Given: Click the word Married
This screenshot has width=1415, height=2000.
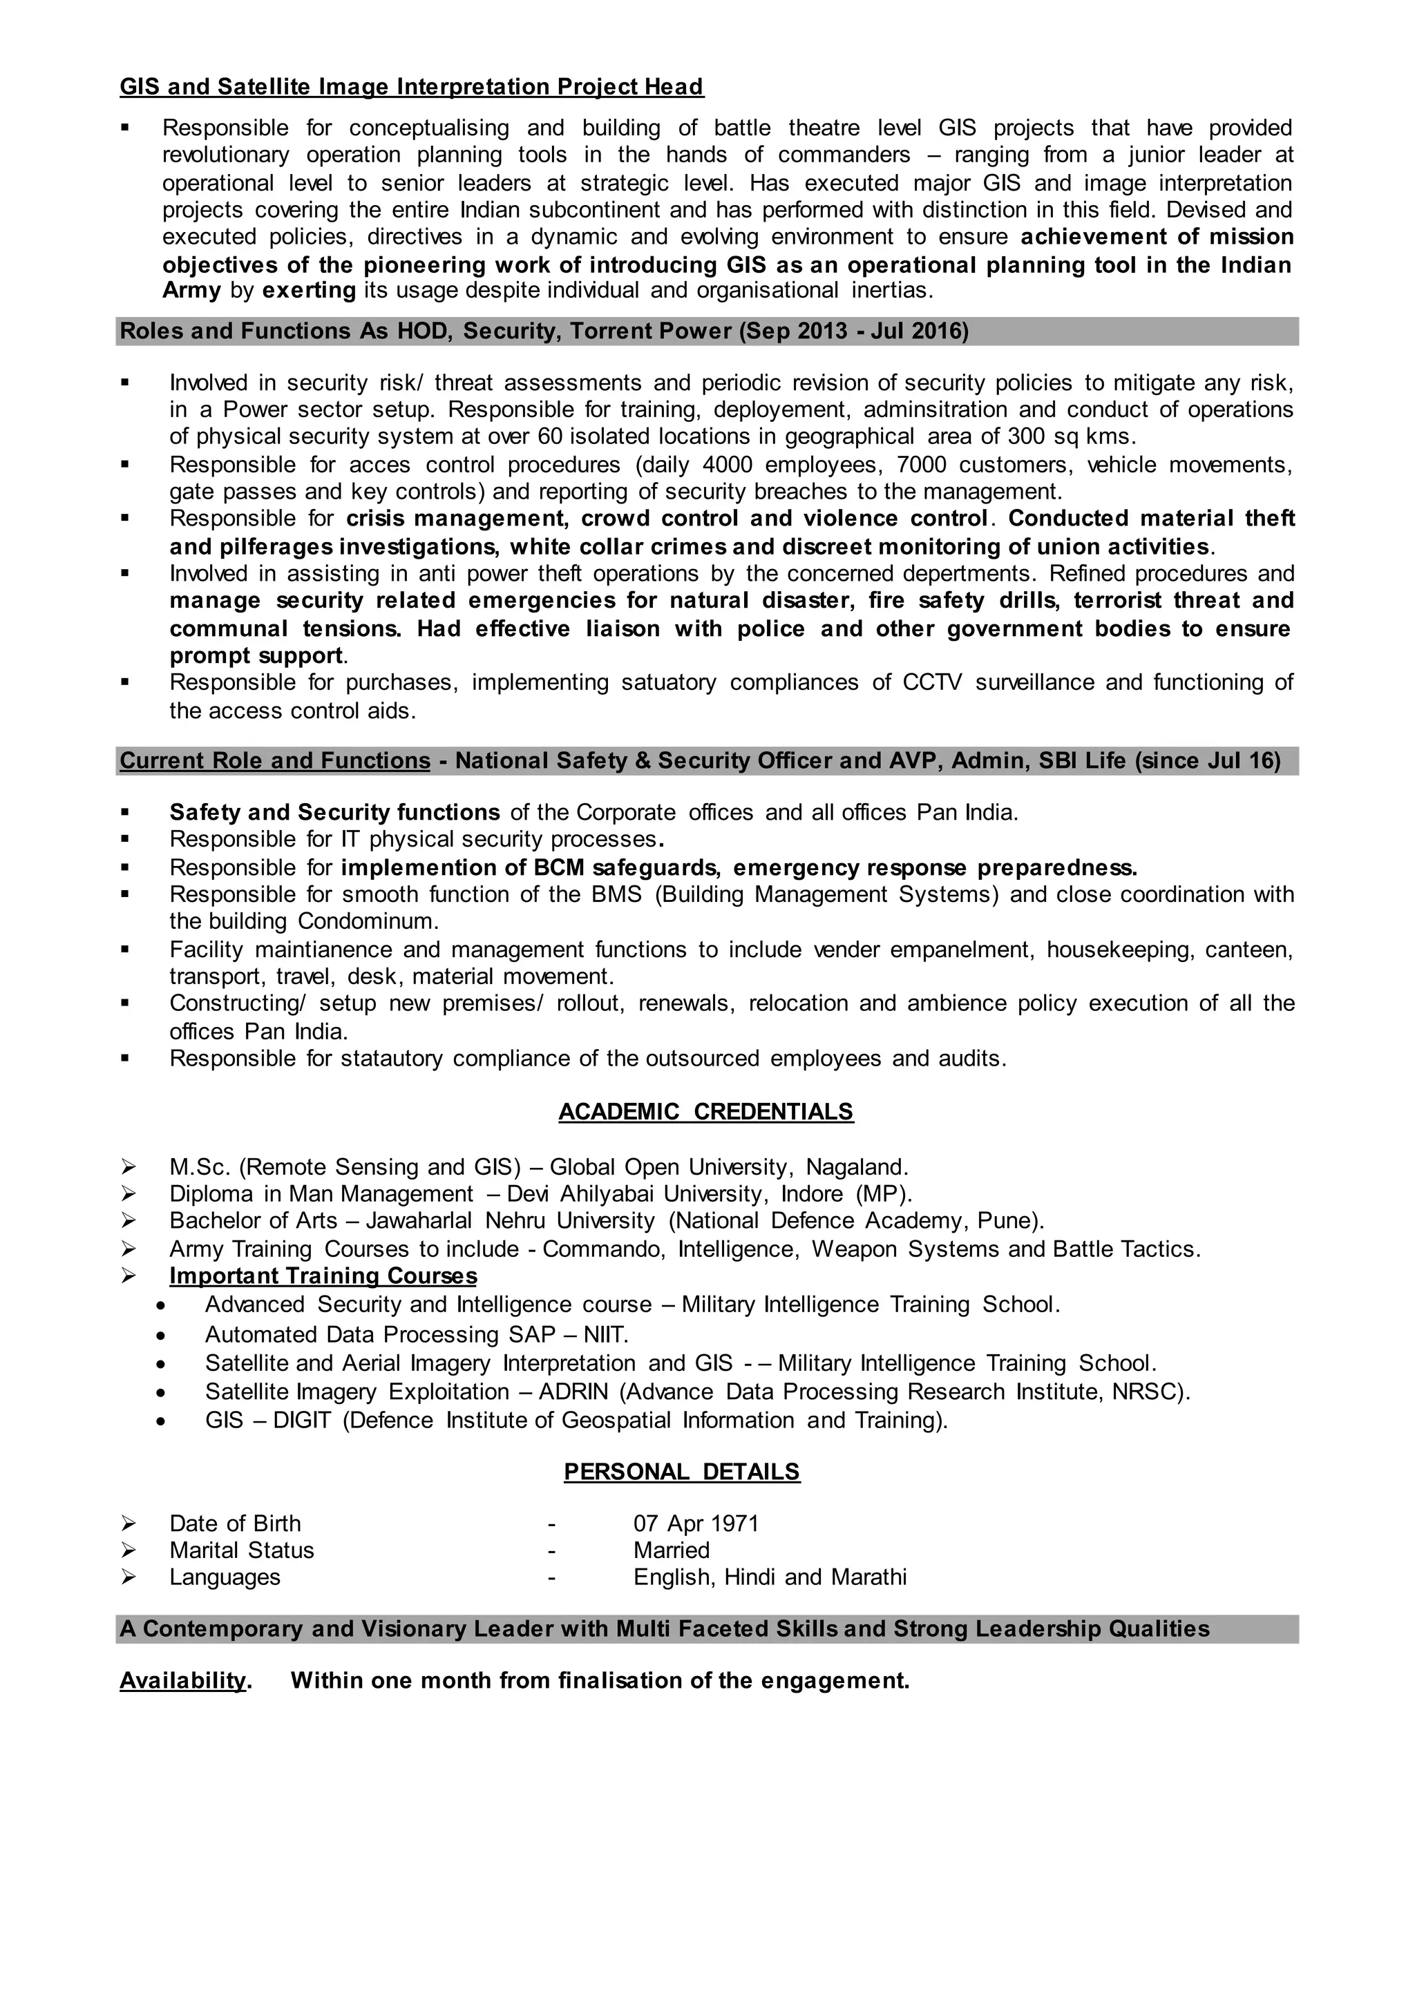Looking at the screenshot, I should pos(671,1550).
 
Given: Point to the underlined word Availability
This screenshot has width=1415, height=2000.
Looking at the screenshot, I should pos(183,1680).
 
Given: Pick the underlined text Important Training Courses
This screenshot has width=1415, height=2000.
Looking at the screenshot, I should pos(323,1276).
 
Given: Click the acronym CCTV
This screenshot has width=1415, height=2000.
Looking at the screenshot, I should pos(931,682).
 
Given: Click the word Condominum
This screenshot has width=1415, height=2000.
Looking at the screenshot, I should pos(368,921).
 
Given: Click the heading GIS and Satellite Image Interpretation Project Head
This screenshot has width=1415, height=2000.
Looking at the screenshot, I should pos(411,87).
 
